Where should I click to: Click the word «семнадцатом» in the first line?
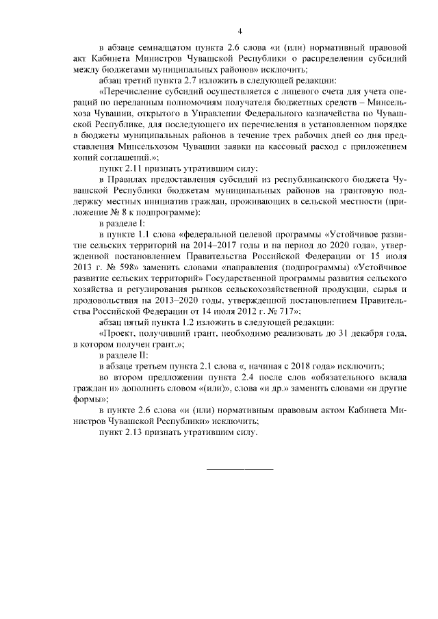click(159, 48)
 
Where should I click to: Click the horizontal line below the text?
click(240, 469)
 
